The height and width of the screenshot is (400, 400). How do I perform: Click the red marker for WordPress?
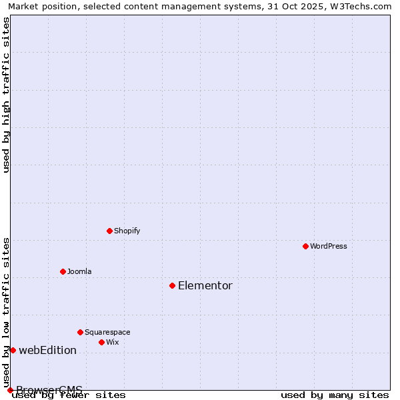coord(305,246)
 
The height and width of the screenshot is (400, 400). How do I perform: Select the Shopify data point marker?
coord(109,231)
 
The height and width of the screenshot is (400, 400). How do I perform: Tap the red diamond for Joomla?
coord(63,271)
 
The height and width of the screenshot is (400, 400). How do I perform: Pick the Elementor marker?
coord(172,285)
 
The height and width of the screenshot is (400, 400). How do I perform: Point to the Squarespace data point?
coord(80,332)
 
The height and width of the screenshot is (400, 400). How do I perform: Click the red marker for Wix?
coord(101,342)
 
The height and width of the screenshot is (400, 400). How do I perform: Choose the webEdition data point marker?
coord(13,350)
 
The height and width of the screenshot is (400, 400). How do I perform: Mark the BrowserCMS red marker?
coord(10,390)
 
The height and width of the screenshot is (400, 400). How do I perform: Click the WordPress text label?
coord(329,246)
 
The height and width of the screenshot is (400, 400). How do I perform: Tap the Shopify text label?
coord(127,231)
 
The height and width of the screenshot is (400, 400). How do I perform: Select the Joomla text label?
coord(79,271)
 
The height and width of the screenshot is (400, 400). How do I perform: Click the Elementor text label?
coord(205,285)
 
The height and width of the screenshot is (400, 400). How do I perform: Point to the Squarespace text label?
coord(107,332)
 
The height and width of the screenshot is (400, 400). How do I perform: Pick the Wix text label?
coord(113,342)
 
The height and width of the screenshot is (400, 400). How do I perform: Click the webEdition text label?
coord(47,350)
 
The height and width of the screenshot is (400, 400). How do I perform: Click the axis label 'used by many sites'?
coord(335,395)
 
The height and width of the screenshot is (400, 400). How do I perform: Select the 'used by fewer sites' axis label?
coord(69,395)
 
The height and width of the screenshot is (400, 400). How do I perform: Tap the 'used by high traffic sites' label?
coord(6,95)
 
